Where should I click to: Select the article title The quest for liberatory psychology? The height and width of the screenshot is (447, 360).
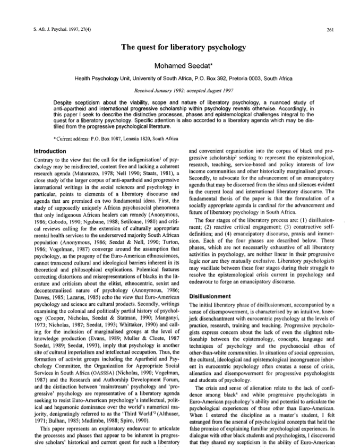[179, 48]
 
